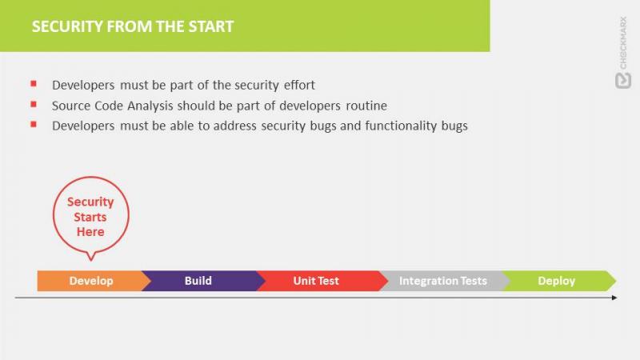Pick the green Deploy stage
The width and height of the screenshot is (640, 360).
[558, 281]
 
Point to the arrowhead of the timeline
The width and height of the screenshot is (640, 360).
[614, 298]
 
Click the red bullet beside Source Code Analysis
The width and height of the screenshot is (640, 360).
[34, 105]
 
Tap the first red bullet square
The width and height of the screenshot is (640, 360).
[34, 84]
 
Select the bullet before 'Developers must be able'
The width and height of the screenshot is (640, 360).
[34, 124]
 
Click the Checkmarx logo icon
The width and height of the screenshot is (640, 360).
[623, 81]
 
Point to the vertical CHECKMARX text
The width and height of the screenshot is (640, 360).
[623, 43]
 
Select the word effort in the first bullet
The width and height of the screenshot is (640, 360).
[299, 85]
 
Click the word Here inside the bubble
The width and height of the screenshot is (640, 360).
[90, 232]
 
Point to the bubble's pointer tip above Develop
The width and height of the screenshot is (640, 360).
[91, 261]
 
